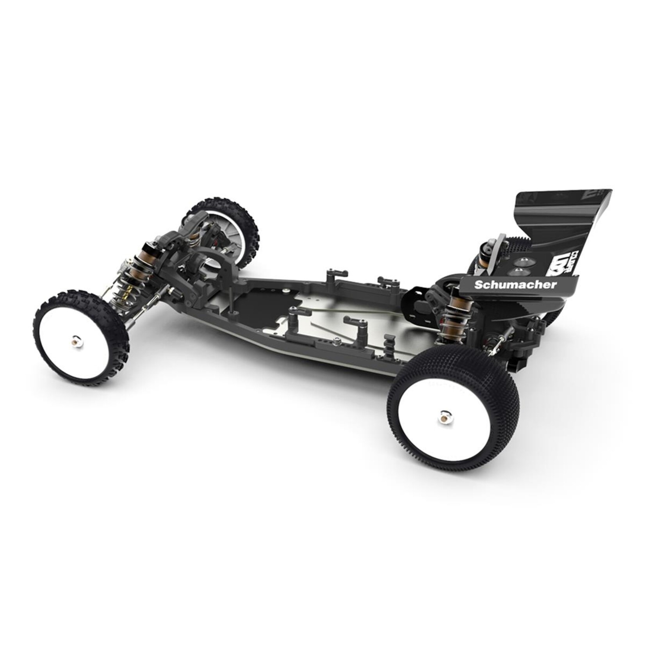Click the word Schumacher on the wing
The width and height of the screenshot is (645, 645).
[x=515, y=285]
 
